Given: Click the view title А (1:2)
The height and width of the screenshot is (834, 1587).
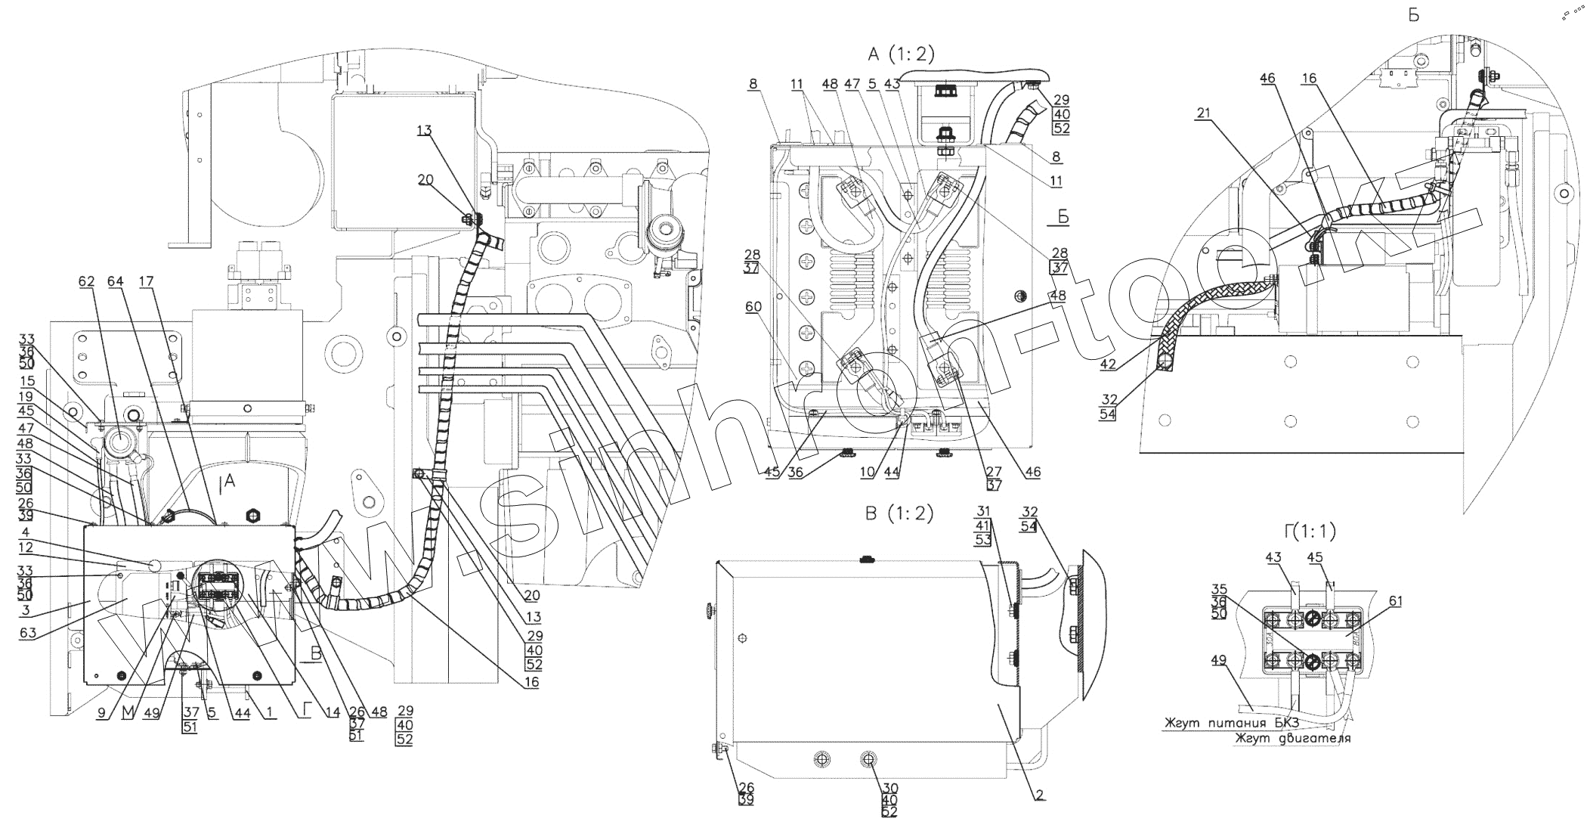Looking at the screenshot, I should [x=901, y=54].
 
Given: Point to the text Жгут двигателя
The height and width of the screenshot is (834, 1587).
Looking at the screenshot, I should [x=1292, y=738].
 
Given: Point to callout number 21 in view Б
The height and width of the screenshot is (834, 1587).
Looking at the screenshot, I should [x=1203, y=113].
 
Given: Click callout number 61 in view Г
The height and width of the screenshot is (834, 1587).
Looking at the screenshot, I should [x=1395, y=601].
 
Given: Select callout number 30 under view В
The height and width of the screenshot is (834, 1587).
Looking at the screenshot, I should [x=890, y=788].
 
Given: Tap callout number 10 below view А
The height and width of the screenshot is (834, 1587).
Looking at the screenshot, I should [x=867, y=472].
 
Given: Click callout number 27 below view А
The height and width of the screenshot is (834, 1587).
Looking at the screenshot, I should [x=993, y=472].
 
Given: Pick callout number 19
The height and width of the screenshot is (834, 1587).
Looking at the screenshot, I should [x=28, y=395].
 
